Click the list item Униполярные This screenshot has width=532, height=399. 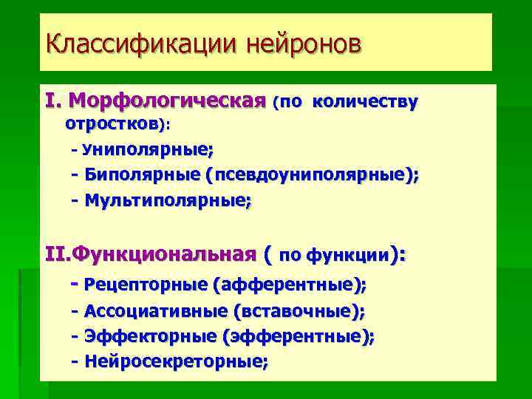pos(148,151)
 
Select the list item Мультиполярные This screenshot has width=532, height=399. pos(167,200)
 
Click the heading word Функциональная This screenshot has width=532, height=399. pos(171,255)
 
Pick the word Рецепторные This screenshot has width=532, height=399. pos(145,284)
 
